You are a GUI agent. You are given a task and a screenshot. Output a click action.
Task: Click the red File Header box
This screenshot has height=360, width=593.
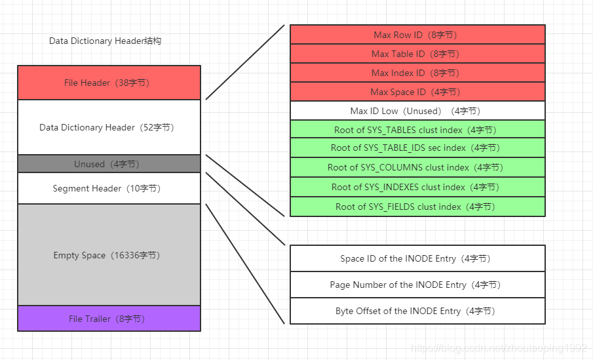coord(109,83)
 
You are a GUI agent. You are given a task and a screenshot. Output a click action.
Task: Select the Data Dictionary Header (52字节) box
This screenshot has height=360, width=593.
coord(109,127)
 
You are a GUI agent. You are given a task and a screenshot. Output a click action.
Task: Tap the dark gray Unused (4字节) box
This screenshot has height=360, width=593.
coord(109,164)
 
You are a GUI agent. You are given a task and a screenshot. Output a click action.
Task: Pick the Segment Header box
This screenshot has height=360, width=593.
coord(109,189)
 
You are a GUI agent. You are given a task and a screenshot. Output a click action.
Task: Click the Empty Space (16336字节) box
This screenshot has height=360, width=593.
coord(109,255)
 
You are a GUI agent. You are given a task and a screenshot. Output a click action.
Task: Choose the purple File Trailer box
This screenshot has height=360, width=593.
coord(109,319)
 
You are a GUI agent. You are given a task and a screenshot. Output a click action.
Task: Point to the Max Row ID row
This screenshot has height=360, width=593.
coord(417,35)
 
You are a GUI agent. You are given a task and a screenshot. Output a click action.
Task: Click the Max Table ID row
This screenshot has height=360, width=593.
coord(417,54)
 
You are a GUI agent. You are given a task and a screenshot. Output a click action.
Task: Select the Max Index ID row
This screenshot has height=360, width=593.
coord(417,73)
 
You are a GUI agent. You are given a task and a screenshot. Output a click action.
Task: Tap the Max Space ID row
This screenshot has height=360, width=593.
coord(417,92)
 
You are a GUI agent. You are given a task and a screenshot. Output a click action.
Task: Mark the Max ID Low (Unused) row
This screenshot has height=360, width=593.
coord(417,111)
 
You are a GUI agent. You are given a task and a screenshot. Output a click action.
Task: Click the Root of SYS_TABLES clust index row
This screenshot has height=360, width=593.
coord(417,130)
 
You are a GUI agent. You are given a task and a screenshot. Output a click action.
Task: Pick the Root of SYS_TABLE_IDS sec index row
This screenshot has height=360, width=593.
coord(417,148)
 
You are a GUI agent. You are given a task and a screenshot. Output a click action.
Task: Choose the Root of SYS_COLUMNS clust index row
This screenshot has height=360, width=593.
coord(417,167)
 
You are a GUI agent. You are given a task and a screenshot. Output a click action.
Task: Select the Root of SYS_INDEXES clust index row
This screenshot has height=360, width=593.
coord(417,187)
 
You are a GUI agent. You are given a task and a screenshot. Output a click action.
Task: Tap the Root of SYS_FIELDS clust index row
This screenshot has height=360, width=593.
coord(417,207)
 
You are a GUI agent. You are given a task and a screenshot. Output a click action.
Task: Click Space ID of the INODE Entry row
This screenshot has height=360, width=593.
coord(417,258)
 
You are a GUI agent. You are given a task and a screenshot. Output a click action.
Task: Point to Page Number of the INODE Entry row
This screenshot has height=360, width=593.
coord(417,285)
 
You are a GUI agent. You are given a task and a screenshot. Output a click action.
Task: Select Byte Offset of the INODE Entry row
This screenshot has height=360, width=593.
coord(417,311)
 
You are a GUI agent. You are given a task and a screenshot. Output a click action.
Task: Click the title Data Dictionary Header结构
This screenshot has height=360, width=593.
coord(105,41)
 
